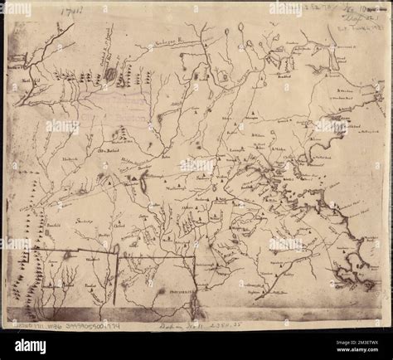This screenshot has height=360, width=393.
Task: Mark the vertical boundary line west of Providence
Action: click(x=116, y=282)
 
